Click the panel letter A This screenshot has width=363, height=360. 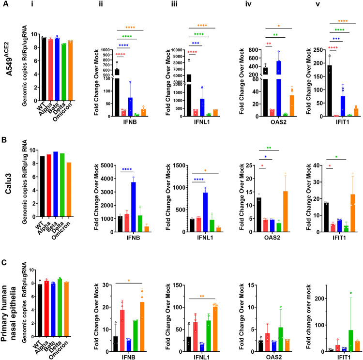click(x=5, y=5)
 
